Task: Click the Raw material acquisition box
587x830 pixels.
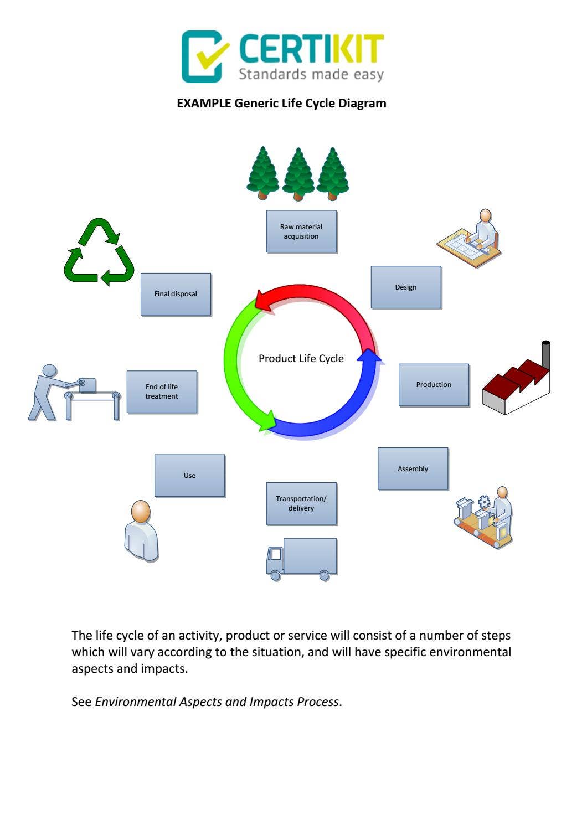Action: pyautogui.click(x=301, y=231)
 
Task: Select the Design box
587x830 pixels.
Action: pyautogui.click(x=406, y=287)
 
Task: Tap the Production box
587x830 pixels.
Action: pyautogui.click(x=434, y=385)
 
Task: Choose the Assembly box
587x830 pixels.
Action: pyautogui.click(x=413, y=469)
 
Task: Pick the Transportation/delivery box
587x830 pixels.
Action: pyautogui.click(x=301, y=503)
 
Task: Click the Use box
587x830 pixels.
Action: pyautogui.click(x=189, y=476)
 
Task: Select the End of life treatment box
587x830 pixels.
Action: pyautogui.click(x=162, y=391)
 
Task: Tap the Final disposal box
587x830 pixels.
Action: pyautogui.click(x=176, y=294)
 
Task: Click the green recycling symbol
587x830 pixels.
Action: pyautogui.click(x=99, y=252)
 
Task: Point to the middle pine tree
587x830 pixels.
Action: pyautogui.click(x=298, y=174)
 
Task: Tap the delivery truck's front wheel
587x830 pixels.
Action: pyautogui.click(x=275, y=575)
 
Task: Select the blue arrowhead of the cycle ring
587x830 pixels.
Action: pyautogui.click(x=369, y=356)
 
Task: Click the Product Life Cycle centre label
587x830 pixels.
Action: pyautogui.click(x=301, y=359)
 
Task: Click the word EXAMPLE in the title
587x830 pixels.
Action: pyautogui.click(x=204, y=104)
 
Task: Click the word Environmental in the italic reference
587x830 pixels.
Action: pyautogui.click(x=135, y=702)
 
